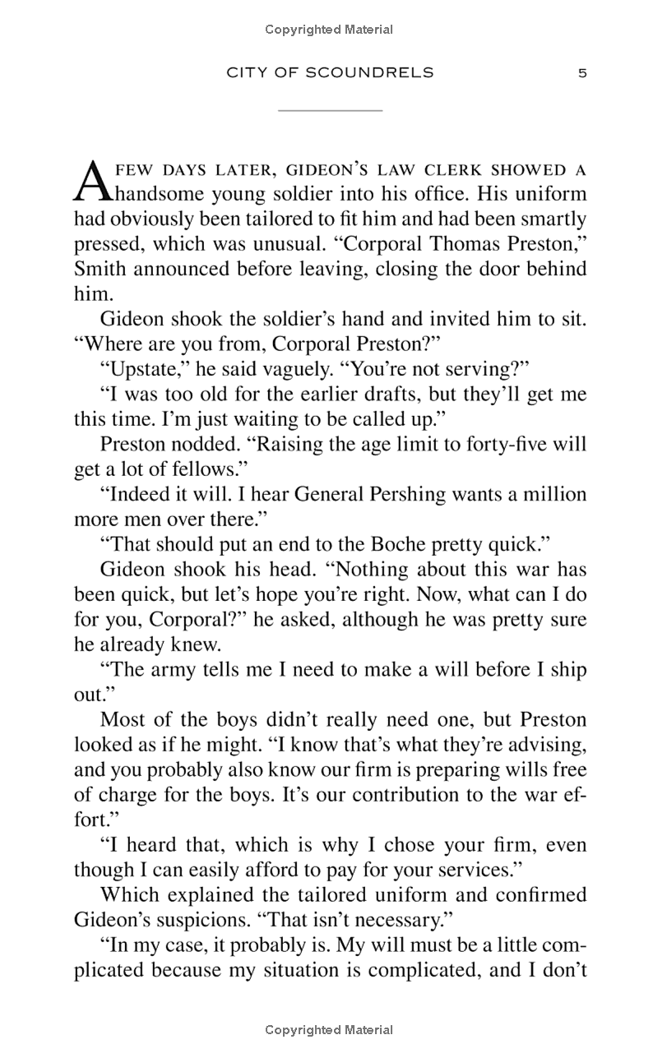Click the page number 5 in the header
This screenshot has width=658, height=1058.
pyautogui.click(x=582, y=73)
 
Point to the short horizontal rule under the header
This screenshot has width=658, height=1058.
pyautogui.click(x=330, y=109)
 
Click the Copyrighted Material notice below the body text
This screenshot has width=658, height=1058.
pyautogui.click(x=329, y=1030)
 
